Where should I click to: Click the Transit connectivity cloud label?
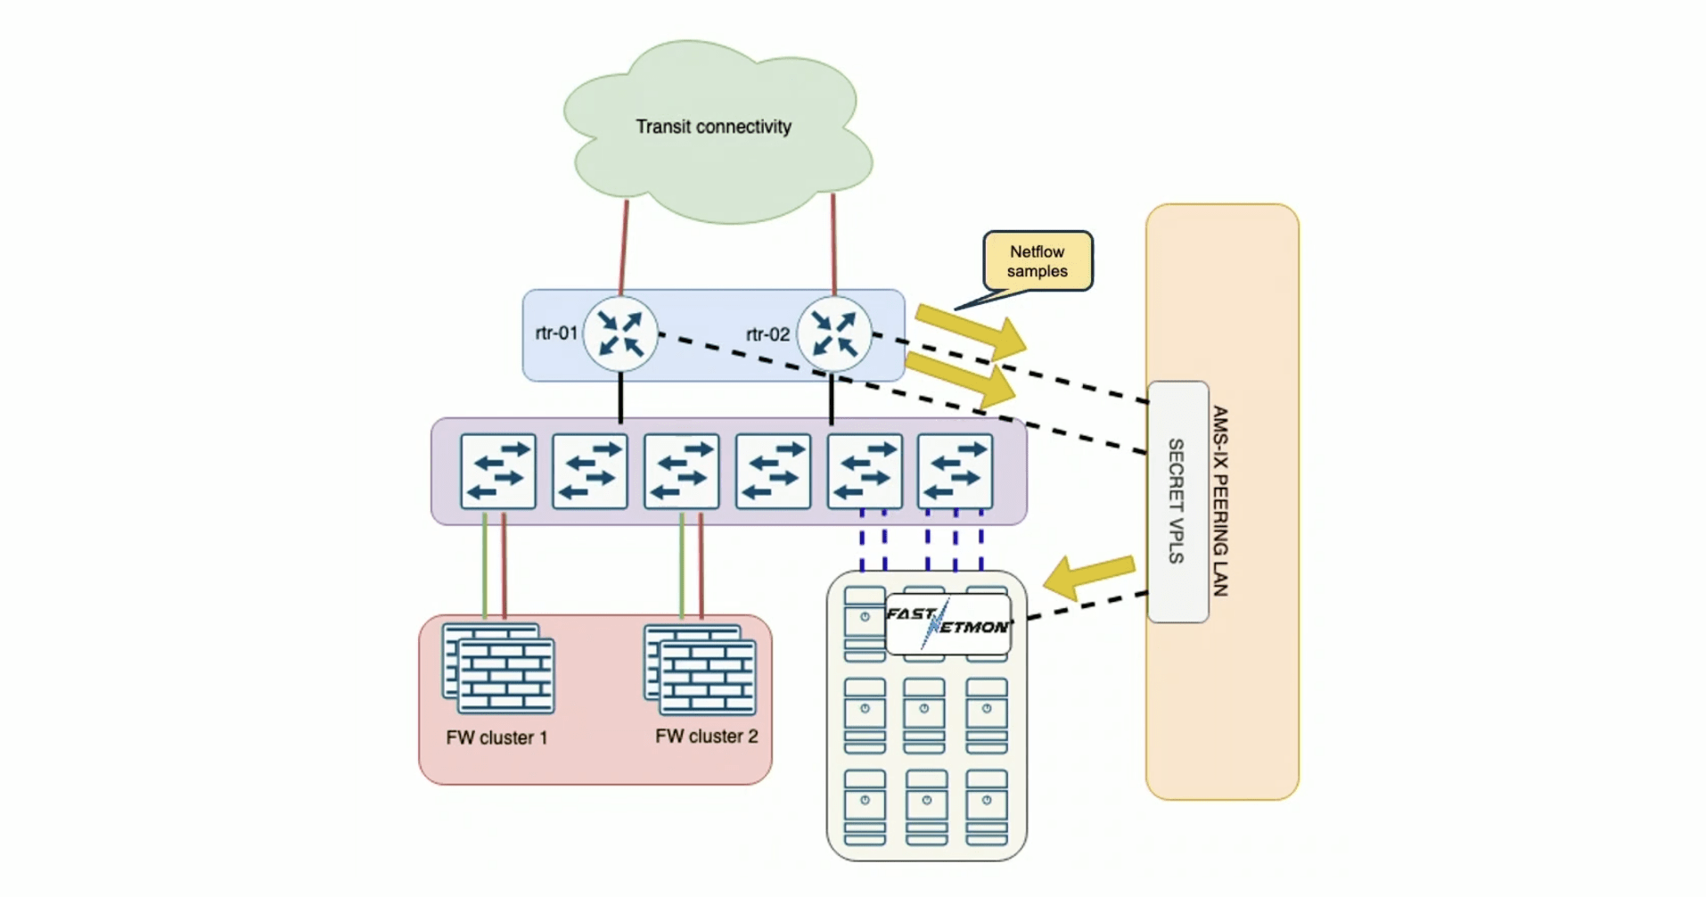(713, 127)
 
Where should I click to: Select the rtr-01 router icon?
(620, 333)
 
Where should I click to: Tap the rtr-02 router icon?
(833, 334)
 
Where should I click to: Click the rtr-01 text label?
(556, 333)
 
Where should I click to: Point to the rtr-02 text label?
(767, 334)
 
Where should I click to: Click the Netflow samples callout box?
(1038, 261)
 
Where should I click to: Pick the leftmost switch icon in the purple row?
(498, 471)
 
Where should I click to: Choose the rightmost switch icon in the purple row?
(955, 471)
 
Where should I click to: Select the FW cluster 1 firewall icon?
(499, 669)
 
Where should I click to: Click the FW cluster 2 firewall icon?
(701, 670)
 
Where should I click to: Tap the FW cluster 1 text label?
(496, 738)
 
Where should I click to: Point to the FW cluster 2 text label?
(706, 737)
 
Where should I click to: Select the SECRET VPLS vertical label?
(1177, 501)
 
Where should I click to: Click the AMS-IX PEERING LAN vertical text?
(1220, 501)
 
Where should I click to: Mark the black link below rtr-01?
(620, 399)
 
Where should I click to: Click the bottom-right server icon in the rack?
(987, 807)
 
